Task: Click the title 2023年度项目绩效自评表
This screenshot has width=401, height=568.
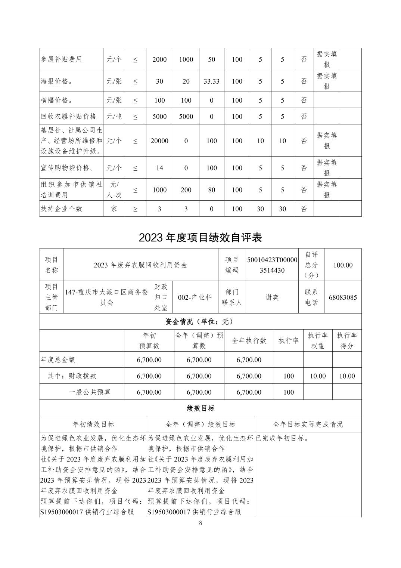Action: point(200,238)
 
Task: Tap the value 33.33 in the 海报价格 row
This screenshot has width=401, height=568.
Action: point(211,81)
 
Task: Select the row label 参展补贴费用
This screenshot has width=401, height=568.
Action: point(61,59)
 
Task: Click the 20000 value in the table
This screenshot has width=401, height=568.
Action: point(159,141)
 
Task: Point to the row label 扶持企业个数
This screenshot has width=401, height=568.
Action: point(61,209)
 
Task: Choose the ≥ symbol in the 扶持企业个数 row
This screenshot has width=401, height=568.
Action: point(135,209)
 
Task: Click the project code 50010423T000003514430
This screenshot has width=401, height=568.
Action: point(272,265)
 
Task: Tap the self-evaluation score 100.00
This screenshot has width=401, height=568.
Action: point(343,265)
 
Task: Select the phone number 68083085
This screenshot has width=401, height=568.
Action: point(343,297)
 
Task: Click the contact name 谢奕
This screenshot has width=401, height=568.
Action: point(272,297)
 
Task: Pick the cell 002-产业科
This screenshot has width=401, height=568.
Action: point(195,297)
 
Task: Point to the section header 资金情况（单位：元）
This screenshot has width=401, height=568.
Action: point(200,321)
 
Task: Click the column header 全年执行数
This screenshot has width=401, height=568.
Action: point(249,340)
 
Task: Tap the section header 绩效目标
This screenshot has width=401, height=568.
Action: point(200,408)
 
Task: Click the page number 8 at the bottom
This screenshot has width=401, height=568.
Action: point(200,523)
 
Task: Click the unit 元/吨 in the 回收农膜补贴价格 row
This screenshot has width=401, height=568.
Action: point(114,116)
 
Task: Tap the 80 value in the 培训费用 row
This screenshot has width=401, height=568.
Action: point(211,190)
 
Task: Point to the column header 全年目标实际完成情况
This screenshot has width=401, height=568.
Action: point(308,424)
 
